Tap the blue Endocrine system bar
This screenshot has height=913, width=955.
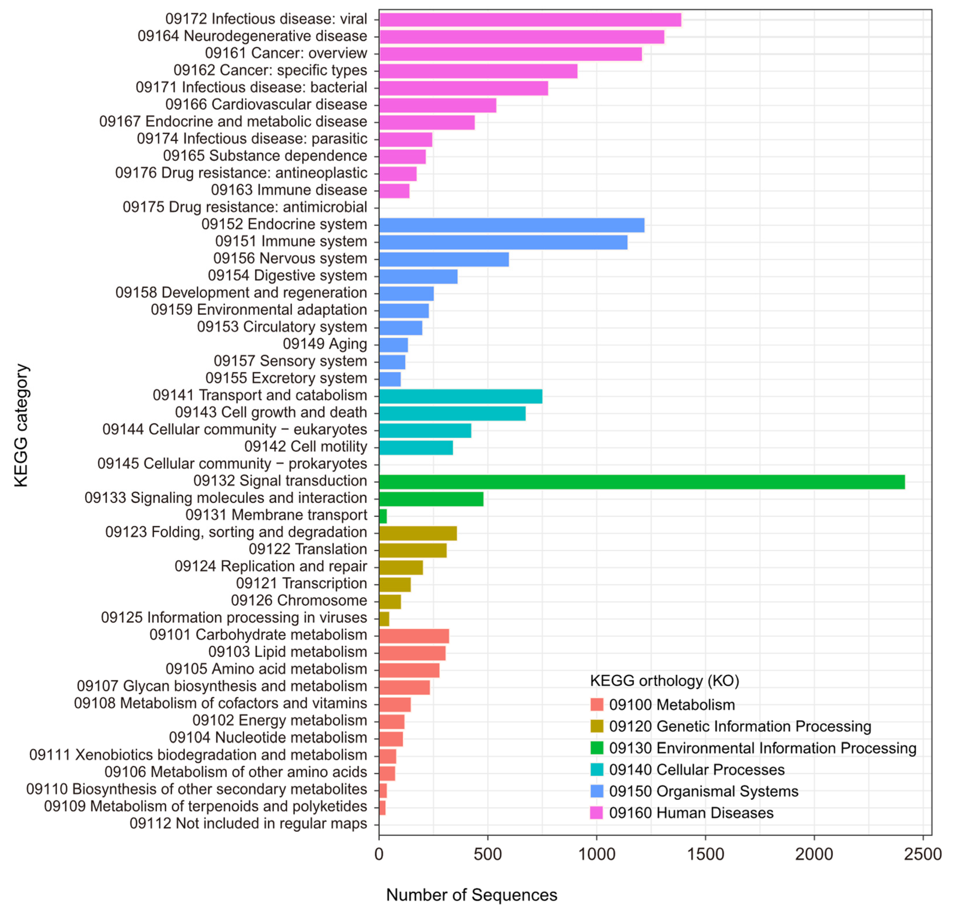click(511, 225)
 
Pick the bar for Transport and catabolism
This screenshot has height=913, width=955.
click(460, 396)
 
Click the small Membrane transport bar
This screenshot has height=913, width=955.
click(383, 516)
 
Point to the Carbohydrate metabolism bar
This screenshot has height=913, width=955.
click(414, 635)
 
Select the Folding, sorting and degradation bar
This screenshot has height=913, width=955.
click(417, 533)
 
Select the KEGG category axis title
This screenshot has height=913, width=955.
click(22, 425)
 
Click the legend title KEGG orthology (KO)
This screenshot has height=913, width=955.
click(664, 680)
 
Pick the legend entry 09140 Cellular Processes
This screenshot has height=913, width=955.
click(696, 769)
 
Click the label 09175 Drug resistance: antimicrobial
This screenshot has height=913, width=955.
click(245, 207)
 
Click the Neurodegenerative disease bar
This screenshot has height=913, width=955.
click(521, 37)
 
